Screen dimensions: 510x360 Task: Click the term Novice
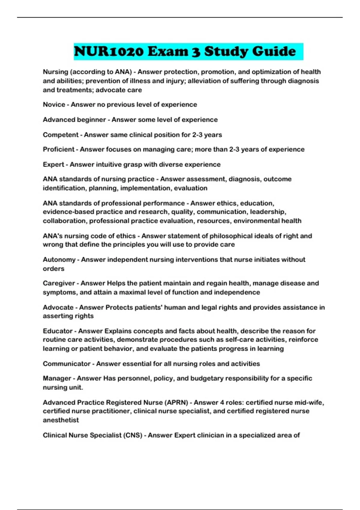coord(54,105)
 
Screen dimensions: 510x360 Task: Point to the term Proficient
coord(58,149)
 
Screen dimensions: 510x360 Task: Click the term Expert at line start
coord(53,164)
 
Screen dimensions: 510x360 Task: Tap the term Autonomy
coord(59,259)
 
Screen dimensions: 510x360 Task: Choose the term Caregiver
coord(59,283)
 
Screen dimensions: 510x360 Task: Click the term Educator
coord(58,331)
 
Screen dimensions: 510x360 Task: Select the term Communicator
coord(67,364)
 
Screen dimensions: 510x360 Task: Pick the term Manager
coord(57,378)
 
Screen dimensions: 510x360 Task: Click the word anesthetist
coord(61,420)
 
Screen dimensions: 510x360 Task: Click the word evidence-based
coord(68,212)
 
